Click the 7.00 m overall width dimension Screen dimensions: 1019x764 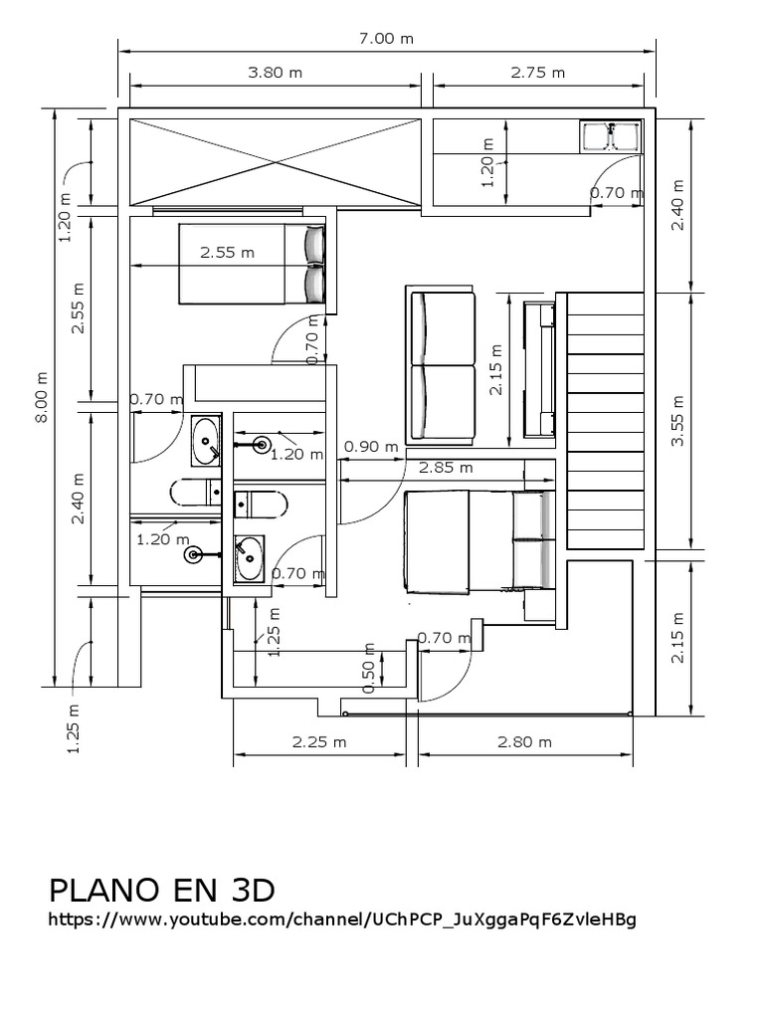(x=386, y=39)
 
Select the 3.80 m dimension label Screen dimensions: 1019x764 (x=275, y=72)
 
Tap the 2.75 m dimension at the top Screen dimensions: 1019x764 (x=537, y=72)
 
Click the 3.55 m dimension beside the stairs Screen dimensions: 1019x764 (x=678, y=422)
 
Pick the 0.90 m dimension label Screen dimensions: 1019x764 (x=370, y=447)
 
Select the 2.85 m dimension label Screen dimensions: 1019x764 (x=445, y=466)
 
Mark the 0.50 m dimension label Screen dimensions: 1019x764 (x=369, y=677)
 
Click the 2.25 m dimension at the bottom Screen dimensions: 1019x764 (x=319, y=741)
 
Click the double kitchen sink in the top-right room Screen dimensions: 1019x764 (x=611, y=136)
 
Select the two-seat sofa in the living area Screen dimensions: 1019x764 (x=441, y=364)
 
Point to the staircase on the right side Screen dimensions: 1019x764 (x=604, y=420)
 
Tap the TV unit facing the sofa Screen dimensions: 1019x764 (x=539, y=369)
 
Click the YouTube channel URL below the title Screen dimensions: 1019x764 (x=342, y=918)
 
